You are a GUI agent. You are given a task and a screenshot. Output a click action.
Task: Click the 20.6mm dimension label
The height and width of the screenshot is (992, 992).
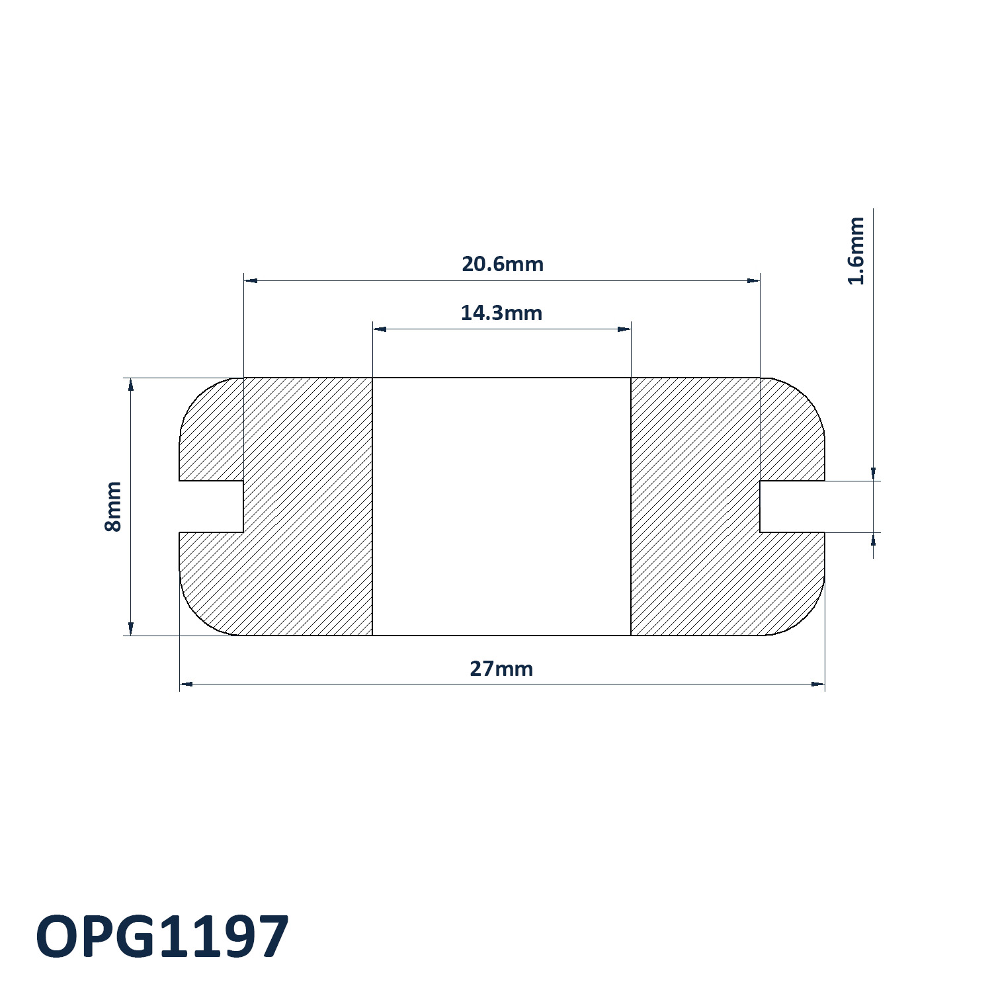[503, 264]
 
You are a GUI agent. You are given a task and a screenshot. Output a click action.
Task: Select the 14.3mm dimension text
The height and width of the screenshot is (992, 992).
[501, 313]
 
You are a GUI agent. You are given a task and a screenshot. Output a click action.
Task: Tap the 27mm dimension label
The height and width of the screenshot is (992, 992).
[501, 669]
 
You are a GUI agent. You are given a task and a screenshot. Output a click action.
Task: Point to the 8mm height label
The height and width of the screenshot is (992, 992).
[113, 507]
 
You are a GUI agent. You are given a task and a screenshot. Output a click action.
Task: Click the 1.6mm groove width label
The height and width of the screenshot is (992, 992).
[856, 251]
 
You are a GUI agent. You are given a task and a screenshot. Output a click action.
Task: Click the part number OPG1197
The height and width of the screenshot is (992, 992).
[163, 936]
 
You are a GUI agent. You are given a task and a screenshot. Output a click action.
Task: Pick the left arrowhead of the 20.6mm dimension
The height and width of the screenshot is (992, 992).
[251, 280]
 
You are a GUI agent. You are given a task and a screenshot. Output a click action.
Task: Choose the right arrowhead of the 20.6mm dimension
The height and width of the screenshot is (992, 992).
[753, 280]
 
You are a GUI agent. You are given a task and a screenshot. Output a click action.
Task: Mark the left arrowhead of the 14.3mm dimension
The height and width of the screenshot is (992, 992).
[380, 329]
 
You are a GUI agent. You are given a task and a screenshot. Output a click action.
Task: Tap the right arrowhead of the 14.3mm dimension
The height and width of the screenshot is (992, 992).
[624, 329]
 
